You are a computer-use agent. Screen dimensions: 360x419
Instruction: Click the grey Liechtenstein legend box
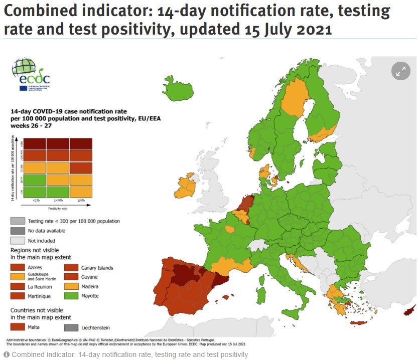pos(71,327)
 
